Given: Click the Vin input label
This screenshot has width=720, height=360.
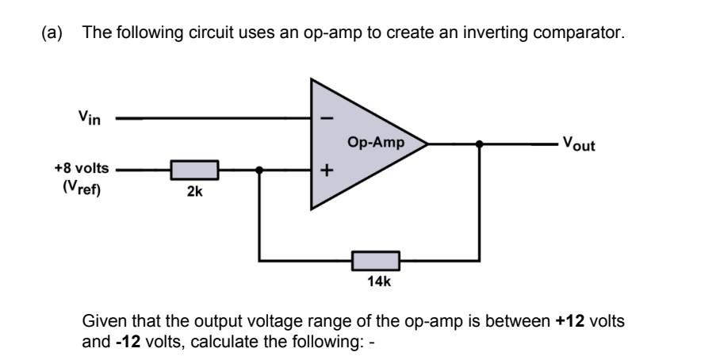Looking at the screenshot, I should pos(90,118).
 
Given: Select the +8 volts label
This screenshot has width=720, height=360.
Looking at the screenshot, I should pos(82,169).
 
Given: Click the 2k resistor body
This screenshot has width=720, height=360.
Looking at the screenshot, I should pos(194,170).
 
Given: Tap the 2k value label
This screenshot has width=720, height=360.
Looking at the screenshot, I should pos(194,192).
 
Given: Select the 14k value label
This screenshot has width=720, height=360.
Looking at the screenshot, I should pos(377,281).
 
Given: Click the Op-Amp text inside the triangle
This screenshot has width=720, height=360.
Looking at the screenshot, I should pos(375,144).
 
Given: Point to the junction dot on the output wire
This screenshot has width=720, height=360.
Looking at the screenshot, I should pos(479,144).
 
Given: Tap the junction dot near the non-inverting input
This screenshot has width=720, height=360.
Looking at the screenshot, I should pos(260,170).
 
